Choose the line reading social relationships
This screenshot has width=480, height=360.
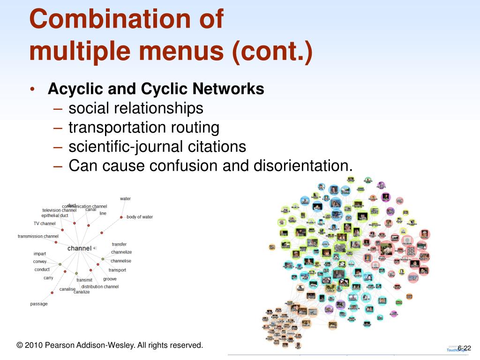[x=136, y=108]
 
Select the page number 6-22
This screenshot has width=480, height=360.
[x=464, y=347]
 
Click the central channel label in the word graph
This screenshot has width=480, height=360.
[x=79, y=248]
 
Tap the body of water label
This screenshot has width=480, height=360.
[x=140, y=217]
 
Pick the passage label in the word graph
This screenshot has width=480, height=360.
[x=39, y=304]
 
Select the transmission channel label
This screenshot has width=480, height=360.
[x=38, y=236]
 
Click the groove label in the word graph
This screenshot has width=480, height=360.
[x=110, y=279]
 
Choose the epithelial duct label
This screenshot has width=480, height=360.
[x=55, y=216]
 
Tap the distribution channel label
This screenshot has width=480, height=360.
[x=100, y=286]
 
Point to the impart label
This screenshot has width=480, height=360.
[x=40, y=254]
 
